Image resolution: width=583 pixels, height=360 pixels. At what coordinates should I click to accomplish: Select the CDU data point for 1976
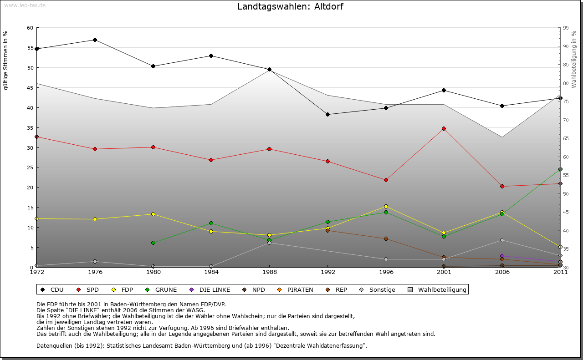(95, 40)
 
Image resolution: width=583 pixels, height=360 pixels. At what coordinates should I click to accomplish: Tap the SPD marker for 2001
(444, 128)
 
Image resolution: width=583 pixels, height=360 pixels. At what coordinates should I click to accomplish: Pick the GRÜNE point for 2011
(560, 169)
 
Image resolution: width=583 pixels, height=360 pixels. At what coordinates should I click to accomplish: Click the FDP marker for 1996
(386, 206)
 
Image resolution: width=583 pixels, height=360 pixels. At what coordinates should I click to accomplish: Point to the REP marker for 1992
(327, 230)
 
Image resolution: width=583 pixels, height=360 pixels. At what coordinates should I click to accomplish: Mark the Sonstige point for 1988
(269, 243)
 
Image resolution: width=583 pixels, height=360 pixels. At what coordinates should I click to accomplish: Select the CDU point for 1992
(327, 114)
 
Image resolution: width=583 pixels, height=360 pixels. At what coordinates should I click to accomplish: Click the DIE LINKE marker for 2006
(502, 256)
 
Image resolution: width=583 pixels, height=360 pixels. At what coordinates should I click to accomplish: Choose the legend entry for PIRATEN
(296, 289)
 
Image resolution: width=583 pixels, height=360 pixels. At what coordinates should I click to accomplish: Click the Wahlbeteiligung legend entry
(437, 289)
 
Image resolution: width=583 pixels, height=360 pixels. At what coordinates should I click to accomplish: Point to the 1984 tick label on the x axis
(211, 272)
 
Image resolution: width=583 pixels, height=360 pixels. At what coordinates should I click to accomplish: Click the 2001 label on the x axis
(444, 272)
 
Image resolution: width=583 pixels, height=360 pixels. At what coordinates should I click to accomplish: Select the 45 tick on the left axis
(30, 88)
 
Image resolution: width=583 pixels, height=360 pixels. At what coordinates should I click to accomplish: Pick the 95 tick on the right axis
(566, 28)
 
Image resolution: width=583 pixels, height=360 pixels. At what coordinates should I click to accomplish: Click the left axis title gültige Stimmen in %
(6, 60)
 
